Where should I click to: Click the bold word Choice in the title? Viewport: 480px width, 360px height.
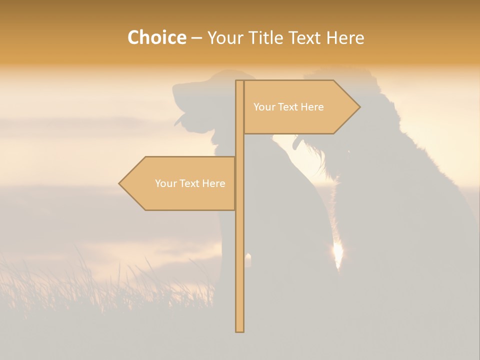156,37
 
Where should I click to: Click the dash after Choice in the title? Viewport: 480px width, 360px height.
196,38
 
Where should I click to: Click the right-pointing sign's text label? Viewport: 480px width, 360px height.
288,107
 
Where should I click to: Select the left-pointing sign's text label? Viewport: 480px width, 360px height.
190,183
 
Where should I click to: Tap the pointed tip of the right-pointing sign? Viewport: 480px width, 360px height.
359,107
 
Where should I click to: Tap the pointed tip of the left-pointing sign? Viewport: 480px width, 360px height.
120,183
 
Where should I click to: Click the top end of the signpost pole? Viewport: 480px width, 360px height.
239,81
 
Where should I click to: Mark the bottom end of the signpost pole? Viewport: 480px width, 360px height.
239,330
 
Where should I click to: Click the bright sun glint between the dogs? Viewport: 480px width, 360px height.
338,252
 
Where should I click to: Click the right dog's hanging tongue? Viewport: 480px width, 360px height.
297,143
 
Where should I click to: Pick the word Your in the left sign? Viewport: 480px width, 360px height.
165,183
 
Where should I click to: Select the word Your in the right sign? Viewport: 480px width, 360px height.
264,107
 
